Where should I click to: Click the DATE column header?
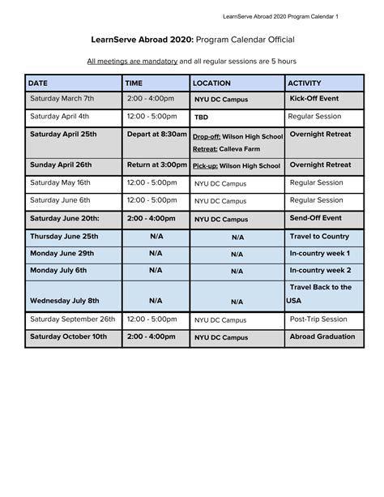pyautogui.click(x=38, y=83)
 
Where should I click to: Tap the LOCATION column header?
pyautogui.click(x=211, y=83)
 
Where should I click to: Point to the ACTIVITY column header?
pyautogui.click(x=305, y=83)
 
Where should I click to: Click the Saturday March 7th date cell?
pyautogui.click(x=62, y=98)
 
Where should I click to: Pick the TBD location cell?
pyautogui.click(x=202, y=117)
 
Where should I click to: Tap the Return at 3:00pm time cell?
pyautogui.click(x=156, y=165)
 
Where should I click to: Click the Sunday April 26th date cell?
pyautogui.click(x=61, y=165)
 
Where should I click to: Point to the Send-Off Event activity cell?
pyautogui.click(x=315, y=218)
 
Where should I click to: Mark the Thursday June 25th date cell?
pyautogui.click(x=64, y=236)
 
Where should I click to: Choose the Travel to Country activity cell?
pyautogui.click(x=319, y=236)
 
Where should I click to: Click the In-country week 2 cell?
pyautogui.click(x=320, y=270)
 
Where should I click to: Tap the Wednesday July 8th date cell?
pyautogui.click(x=65, y=301)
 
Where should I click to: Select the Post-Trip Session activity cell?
pyautogui.click(x=319, y=319)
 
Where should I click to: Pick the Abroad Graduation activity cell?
pyautogui.click(x=322, y=336)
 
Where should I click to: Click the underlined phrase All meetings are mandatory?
pyautogui.click(x=132, y=61)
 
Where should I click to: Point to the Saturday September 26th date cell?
pyautogui.click(x=73, y=319)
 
